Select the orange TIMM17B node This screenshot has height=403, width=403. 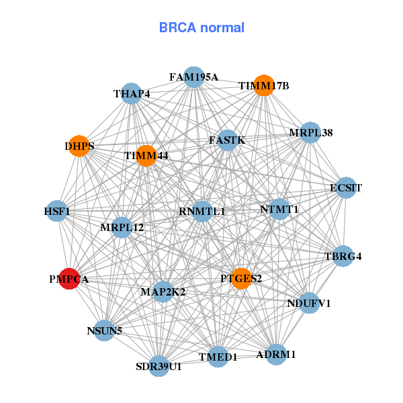264,86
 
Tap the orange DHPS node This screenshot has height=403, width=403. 79,146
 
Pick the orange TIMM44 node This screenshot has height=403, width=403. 146,156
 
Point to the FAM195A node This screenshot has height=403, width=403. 193,77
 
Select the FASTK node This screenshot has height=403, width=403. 228,140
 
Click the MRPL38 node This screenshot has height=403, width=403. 310,132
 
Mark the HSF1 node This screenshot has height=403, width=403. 57,212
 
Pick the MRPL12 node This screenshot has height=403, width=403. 122,228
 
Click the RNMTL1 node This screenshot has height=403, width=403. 202,211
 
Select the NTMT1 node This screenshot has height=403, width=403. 279,210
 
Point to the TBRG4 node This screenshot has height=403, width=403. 343,256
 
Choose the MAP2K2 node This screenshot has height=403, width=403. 163,292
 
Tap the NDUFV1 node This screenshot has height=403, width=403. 309,304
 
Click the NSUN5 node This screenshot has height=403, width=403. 104,330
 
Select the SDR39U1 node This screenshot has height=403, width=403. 159,366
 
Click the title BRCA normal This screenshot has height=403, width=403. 201,28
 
